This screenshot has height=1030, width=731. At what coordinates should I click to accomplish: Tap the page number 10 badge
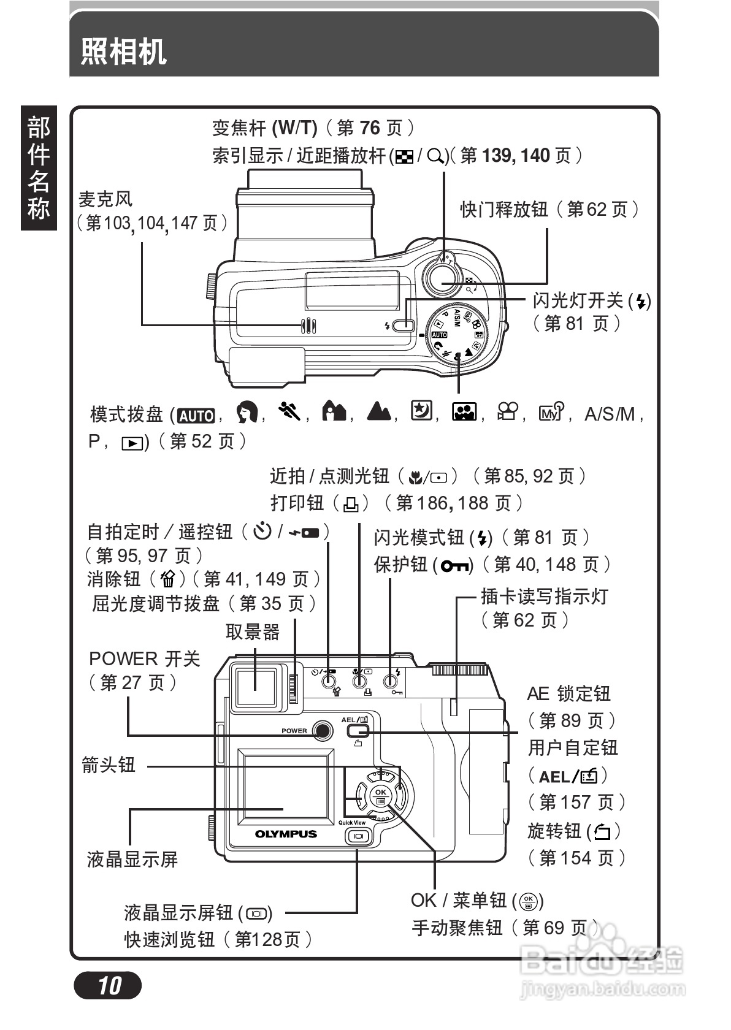pyautogui.click(x=108, y=985)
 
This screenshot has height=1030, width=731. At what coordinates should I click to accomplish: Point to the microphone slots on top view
pyautogui.click(x=308, y=326)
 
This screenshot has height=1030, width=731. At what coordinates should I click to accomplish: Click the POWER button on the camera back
pyautogui.click(x=322, y=730)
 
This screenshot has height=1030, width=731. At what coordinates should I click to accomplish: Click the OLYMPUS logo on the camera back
pyautogui.click(x=286, y=834)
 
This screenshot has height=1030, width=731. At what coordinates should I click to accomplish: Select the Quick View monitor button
pyautogui.click(x=358, y=836)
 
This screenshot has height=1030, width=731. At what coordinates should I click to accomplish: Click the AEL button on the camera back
pyautogui.click(x=357, y=731)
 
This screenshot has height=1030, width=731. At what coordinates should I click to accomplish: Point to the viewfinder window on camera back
pyautogui.click(x=256, y=688)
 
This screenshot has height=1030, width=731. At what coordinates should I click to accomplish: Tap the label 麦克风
pyautogui.click(x=105, y=199)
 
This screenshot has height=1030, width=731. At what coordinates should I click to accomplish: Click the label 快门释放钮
pyautogui.click(x=503, y=210)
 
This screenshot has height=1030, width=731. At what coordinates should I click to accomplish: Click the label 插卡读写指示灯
pyautogui.click(x=543, y=596)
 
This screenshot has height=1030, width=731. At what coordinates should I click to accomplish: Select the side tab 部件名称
pyautogui.click(x=39, y=168)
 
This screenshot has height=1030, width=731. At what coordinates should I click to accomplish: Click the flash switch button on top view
pyautogui.click(x=403, y=326)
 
